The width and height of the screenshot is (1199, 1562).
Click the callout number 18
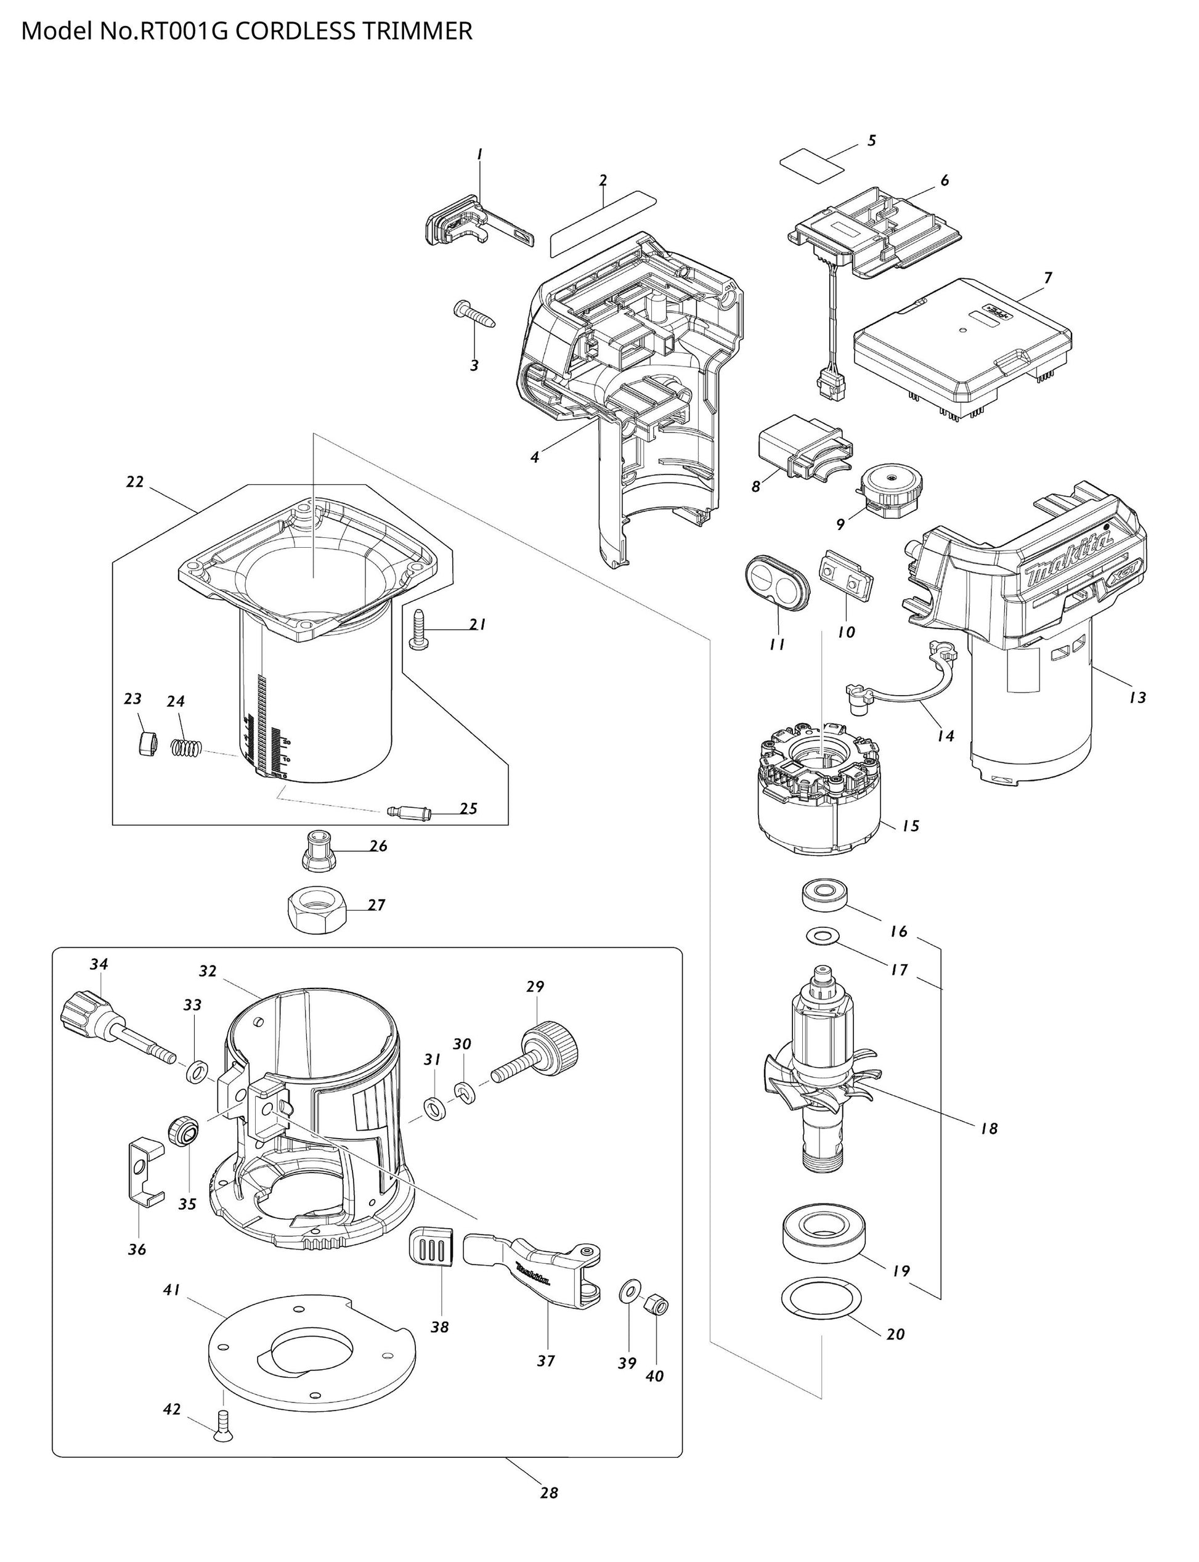point(988,1128)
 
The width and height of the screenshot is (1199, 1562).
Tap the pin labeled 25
point(405,812)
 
